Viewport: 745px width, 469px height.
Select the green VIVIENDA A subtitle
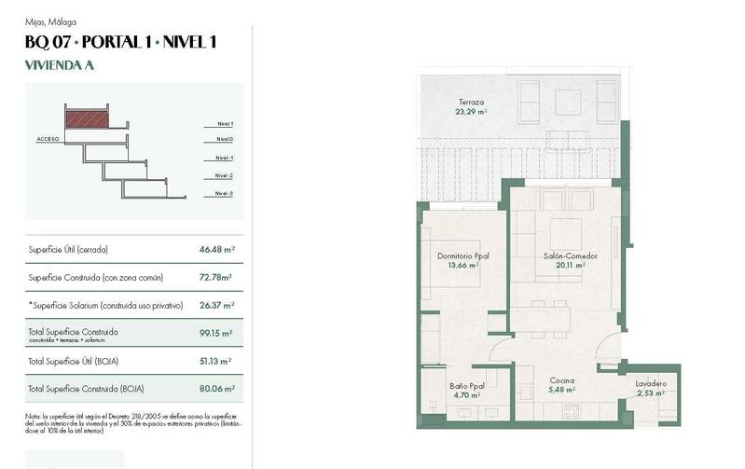[x=59, y=65]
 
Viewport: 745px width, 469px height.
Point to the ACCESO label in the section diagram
[x=48, y=139]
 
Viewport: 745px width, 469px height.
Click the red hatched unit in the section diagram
[x=86, y=118]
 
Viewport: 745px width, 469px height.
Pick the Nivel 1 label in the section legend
[x=224, y=123]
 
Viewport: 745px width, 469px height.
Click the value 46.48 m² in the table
[x=215, y=250]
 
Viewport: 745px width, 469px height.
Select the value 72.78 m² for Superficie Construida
[x=215, y=277]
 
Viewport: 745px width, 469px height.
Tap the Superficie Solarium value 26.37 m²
[x=215, y=305]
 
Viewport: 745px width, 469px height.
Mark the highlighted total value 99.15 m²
[x=215, y=333]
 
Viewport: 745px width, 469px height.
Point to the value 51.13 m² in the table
[x=215, y=361]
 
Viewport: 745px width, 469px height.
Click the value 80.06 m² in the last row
[x=215, y=388]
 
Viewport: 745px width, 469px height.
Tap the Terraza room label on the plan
[x=471, y=102]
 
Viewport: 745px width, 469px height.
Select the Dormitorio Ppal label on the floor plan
[x=462, y=255]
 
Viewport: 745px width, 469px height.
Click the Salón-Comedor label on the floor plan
[x=570, y=255]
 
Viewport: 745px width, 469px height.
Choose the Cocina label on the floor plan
[x=561, y=380]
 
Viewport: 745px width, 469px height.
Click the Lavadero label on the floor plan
[x=650, y=384]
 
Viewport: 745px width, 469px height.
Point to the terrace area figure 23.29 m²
[x=471, y=111]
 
